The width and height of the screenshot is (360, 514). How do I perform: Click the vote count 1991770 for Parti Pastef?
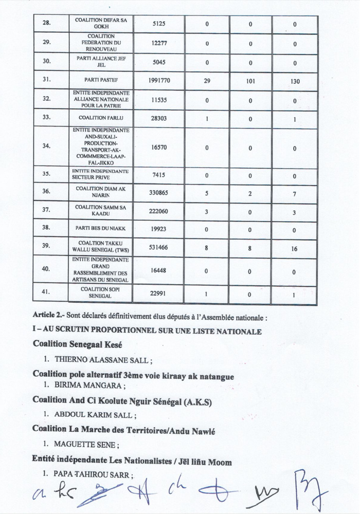click(x=158, y=81)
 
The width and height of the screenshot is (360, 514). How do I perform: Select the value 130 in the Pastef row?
click(x=295, y=81)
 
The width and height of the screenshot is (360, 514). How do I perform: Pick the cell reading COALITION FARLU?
click(x=101, y=118)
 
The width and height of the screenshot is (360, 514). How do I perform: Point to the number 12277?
click(x=158, y=44)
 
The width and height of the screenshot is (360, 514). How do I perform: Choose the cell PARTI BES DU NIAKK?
click(x=101, y=227)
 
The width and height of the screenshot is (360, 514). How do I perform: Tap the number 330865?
click(x=158, y=192)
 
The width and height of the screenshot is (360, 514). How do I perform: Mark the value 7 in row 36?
click(x=295, y=192)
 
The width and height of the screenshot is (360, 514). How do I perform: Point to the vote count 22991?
click(x=158, y=293)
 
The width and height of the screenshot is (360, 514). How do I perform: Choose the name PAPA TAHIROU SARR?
click(x=93, y=475)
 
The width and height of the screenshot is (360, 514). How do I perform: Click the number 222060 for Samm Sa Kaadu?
click(x=158, y=211)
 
